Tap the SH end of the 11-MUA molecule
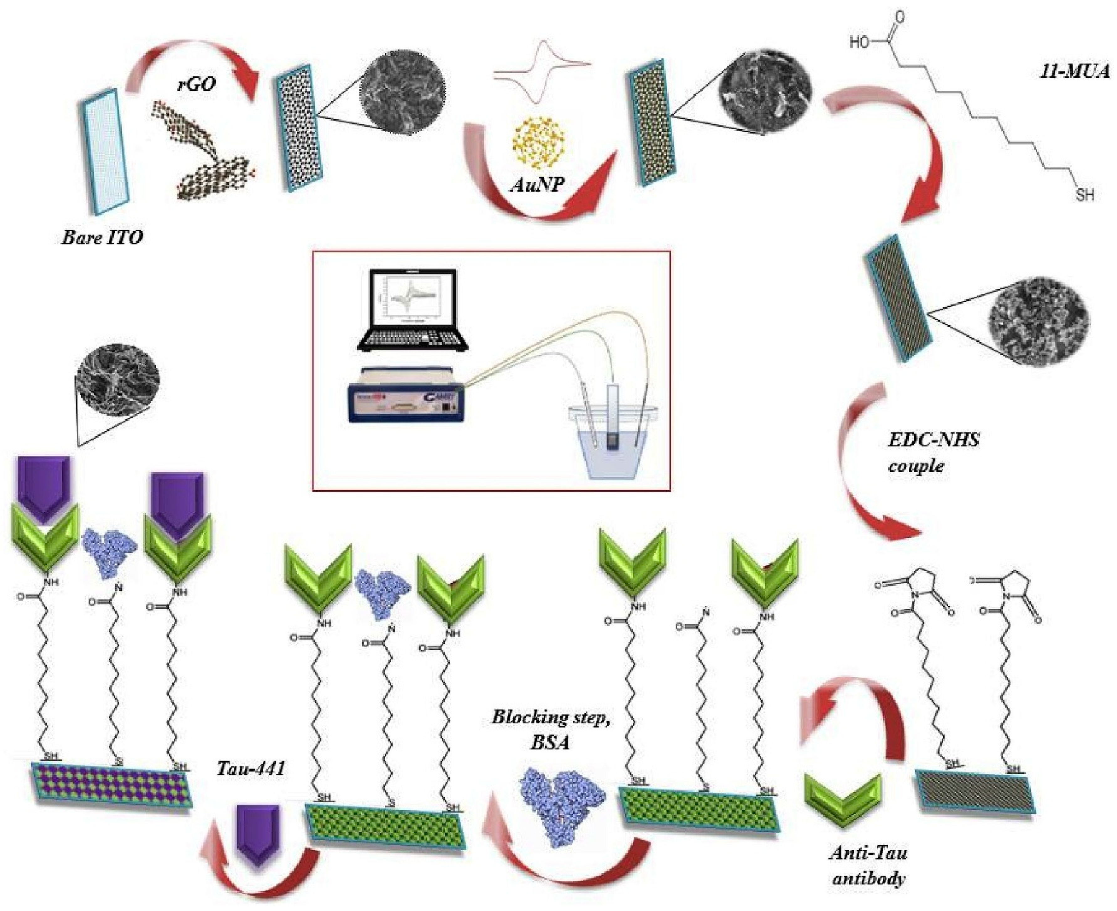pyautogui.click(x=1085, y=195)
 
